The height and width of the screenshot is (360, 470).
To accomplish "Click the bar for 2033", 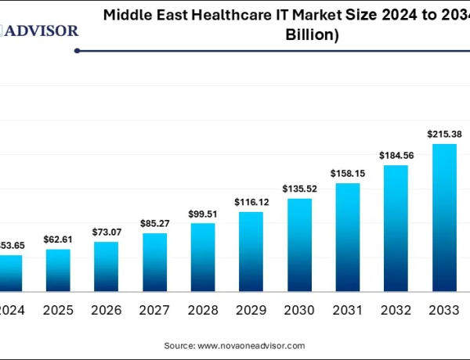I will pos(444,218).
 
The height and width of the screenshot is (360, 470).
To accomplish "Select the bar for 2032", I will pos(396,229).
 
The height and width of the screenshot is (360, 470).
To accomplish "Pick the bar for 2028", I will pos(202,257).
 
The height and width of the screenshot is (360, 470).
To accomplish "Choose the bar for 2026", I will pos(106,267).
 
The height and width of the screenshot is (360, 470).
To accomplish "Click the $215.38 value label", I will pos(443,134).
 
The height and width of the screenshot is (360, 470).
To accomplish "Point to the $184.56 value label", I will pos(396,155).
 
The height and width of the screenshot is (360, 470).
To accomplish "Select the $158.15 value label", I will pos(347,173).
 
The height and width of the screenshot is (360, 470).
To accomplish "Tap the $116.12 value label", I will pos(251,202).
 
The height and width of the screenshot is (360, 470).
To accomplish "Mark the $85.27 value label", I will pos(154,223).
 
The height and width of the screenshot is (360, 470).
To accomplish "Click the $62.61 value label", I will pos(58,239).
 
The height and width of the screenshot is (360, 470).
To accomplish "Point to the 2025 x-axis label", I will pos(58,310).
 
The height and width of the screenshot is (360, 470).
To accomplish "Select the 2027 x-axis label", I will pos(154,310).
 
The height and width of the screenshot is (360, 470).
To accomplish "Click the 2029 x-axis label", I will pos(251,310).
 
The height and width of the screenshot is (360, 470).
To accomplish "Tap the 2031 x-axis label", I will pos(347,310).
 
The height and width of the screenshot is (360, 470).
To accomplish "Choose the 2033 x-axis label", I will pos(443,310).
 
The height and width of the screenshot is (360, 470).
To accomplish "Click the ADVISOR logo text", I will pos(42,31).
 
